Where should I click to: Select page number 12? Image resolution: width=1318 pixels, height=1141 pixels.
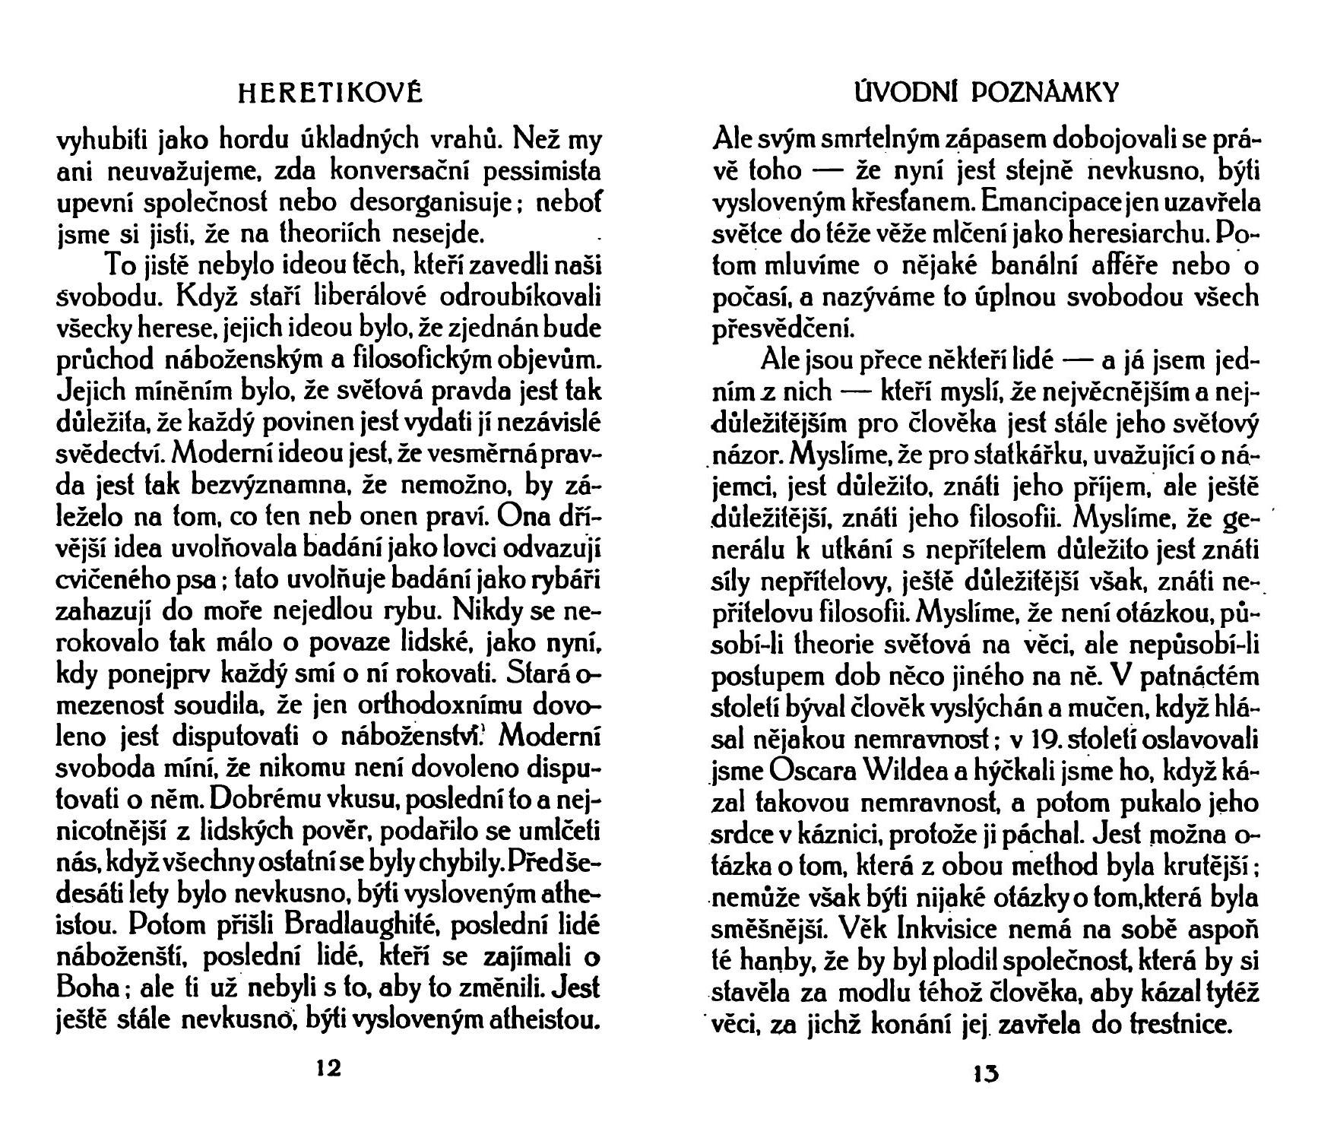pyautogui.click(x=328, y=1068)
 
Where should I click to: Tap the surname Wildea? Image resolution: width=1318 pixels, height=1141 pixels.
pyautogui.click(x=901, y=770)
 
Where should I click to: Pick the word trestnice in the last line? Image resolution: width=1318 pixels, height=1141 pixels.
pyautogui.click(x=1182, y=1025)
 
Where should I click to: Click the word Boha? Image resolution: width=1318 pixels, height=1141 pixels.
pyautogui.click(x=87, y=990)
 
